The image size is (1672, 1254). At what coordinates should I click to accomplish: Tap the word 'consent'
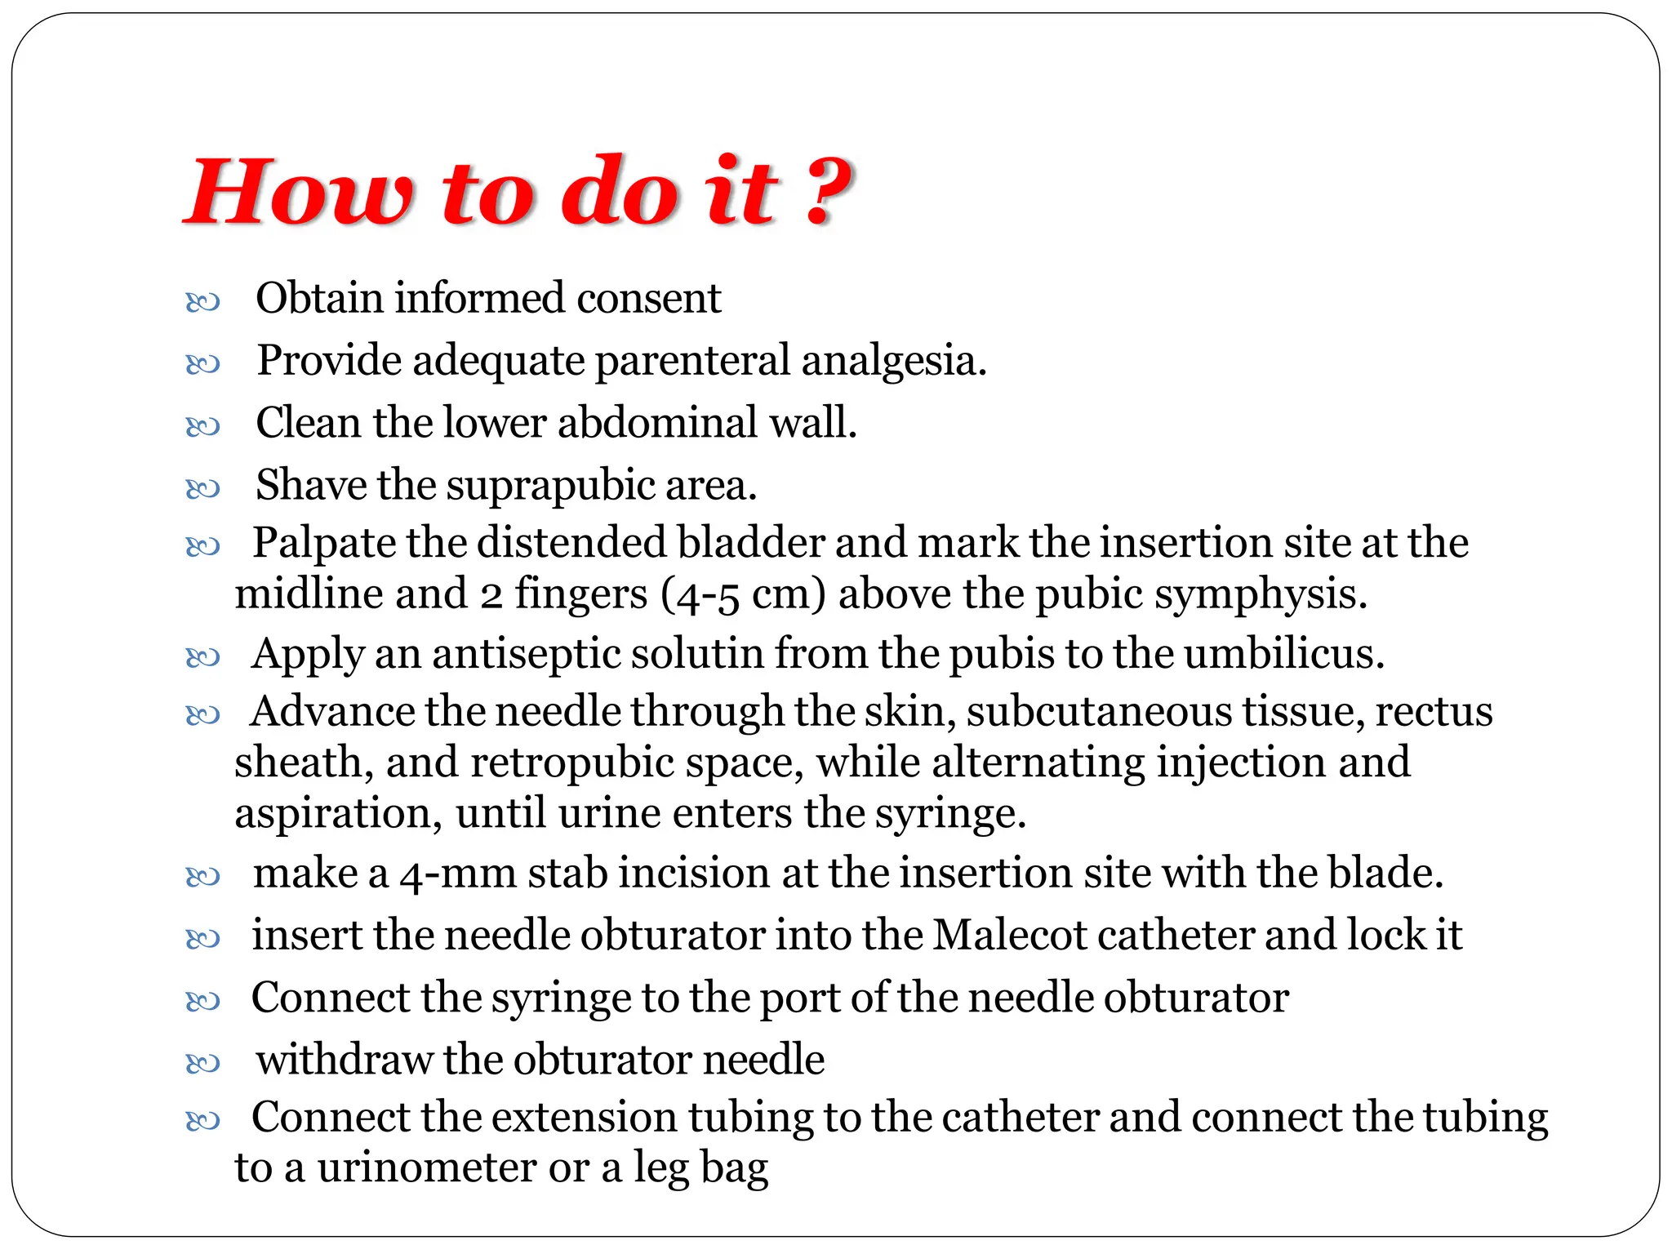[648, 298]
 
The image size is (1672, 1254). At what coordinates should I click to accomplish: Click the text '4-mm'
[458, 874]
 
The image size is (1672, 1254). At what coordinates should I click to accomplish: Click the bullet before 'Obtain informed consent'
[202, 303]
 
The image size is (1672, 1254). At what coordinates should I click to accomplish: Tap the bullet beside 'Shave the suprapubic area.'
[202, 489]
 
